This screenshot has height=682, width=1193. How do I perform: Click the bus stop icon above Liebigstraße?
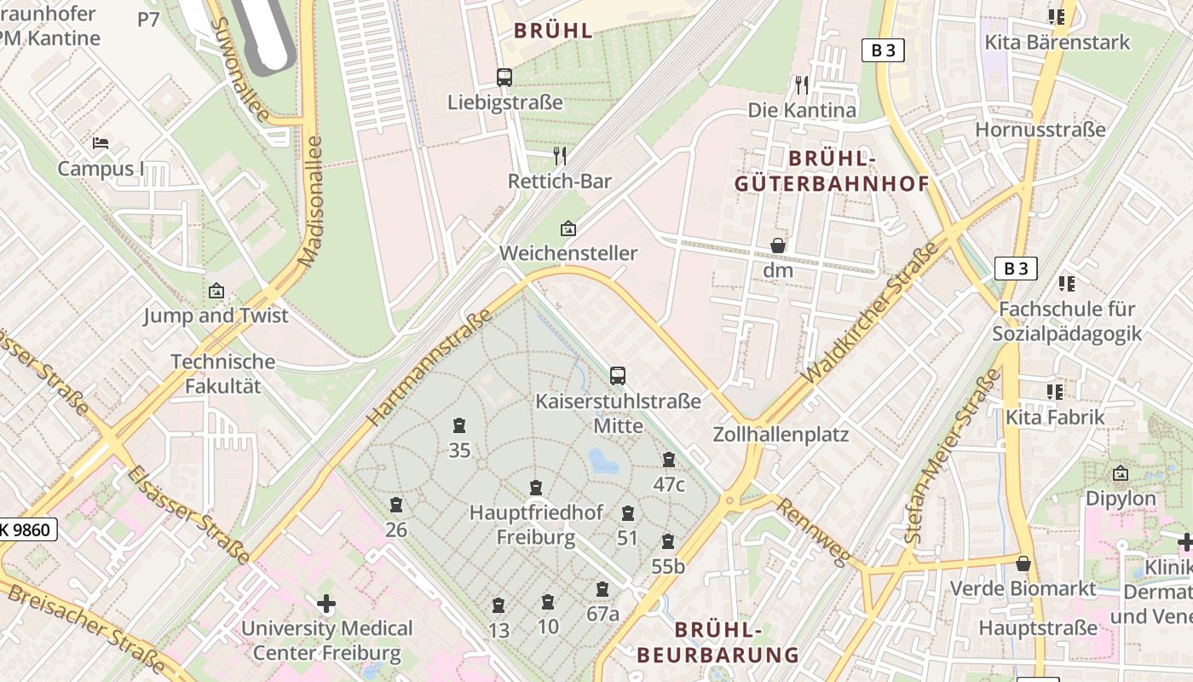(x=504, y=78)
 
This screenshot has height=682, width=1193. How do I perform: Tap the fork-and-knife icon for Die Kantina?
(x=801, y=84)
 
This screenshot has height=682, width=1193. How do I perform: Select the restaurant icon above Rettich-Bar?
(x=560, y=155)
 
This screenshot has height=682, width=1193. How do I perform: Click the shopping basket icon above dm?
(x=778, y=246)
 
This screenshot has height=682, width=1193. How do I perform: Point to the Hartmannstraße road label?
(x=429, y=368)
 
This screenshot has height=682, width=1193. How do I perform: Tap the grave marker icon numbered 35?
(x=459, y=425)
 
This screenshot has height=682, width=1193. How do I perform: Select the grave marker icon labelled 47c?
(x=669, y=459)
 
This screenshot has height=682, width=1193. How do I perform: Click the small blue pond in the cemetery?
(x=603, y=462)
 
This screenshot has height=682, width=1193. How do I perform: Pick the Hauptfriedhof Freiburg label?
(x=536, y=525)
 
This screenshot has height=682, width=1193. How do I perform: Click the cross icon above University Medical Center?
(x=326, y=604)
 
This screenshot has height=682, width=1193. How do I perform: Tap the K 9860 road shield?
(x=27, y=530)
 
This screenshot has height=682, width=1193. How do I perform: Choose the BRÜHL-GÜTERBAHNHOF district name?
(x=832, y=171)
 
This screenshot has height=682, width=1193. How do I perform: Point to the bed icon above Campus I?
(x=101, y=142)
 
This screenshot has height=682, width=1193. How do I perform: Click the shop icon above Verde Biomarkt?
(x=1023, y=564)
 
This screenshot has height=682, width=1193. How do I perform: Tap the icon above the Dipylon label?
(x=1121, y=473)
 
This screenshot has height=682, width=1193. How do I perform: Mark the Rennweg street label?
(x=814, y=532)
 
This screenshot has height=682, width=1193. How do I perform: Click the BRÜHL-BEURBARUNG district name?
(x=718, y=642)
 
